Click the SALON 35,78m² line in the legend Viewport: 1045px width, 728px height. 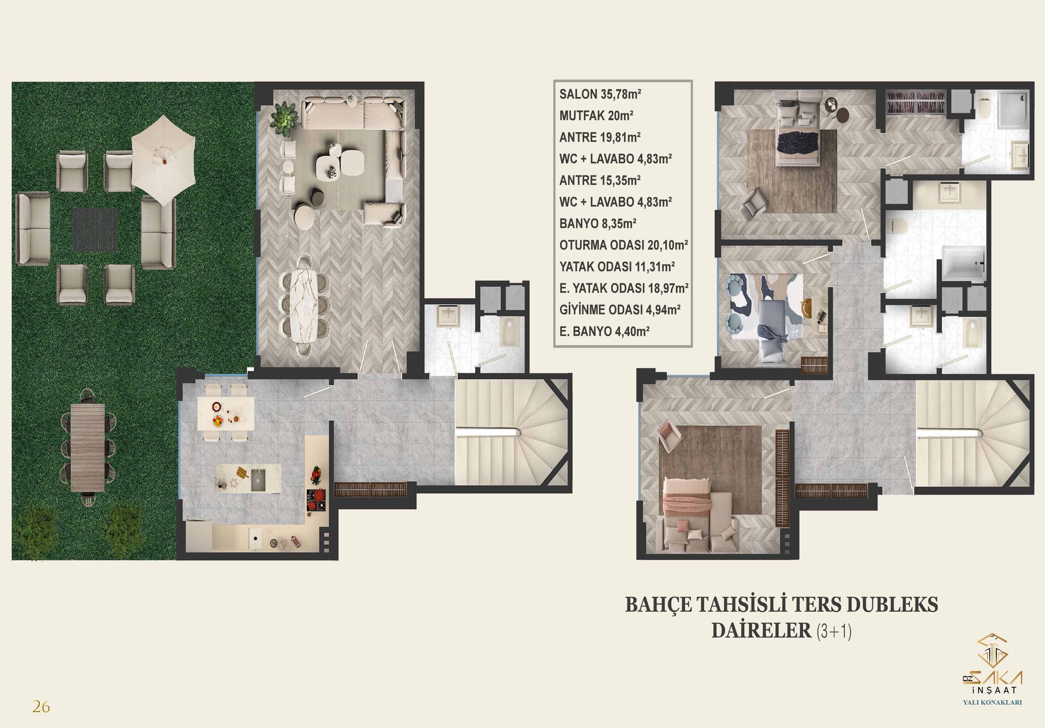click(600, 94)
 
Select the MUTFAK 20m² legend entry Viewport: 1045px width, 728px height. click(596, 116)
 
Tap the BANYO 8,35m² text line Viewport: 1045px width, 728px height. click(598, 223)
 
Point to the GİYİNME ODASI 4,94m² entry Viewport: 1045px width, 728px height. click(620, 309)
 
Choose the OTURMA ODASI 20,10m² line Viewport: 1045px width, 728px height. click(624, 245)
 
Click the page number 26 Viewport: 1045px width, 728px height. click(41, 707)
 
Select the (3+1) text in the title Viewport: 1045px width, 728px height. click(834, 631)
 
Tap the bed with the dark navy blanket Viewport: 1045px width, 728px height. click(800, 132)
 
